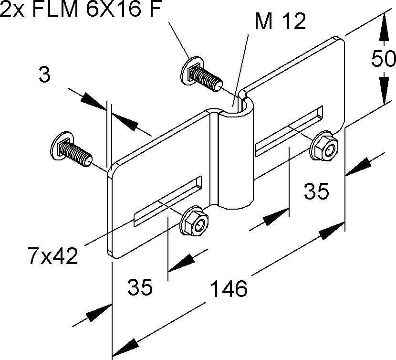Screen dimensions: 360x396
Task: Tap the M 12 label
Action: (x=280, y=22)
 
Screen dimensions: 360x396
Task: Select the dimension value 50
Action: (x=384, y=59)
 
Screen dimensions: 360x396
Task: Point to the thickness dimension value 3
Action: (x=44, y=75)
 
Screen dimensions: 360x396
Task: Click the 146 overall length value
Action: (x=229, y=288)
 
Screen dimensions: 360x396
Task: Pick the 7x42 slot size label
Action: (x=52, y=257)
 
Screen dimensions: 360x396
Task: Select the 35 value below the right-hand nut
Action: (x=316, y=192)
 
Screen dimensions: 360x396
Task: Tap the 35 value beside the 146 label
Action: (x=139, y=288)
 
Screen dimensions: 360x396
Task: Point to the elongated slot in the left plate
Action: (x=168, y=201)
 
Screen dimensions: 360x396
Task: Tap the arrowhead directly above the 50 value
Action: (x=384, y=28)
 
